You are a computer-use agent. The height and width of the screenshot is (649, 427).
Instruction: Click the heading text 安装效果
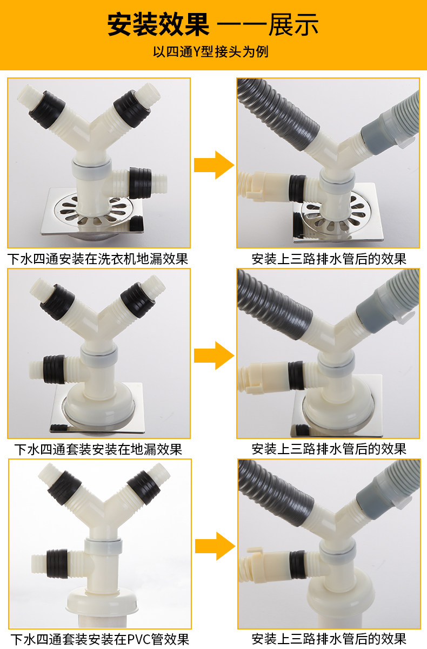pyautogui.click(x=158, y=25)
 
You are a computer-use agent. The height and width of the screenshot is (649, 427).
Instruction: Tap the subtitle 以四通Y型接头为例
pyautogui.click(x=211, y=52)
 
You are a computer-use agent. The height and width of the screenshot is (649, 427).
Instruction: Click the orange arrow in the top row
pyautogui.click(x=213, y=165)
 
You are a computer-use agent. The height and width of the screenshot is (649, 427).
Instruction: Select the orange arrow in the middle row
pyautogui.click(x=213, y=356)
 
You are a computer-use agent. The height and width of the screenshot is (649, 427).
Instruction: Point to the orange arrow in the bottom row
pyautogui.click(x=215, y=546)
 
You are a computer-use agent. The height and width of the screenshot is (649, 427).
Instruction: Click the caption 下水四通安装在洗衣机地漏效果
pyautogui.click(x=98, y=259)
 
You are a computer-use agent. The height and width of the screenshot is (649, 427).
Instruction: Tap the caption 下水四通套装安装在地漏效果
pyautogui.click(x=98, y=449)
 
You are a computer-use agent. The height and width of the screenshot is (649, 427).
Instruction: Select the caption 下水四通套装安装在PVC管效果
pyautogui.click(x=99, y=639)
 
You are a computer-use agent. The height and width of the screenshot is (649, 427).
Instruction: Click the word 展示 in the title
pyautogui.click(x=293, y=25)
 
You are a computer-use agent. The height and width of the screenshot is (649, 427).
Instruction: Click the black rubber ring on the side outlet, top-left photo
pyautogui.click(x=139, y=182)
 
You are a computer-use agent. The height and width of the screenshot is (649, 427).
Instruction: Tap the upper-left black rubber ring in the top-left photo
pyautogui.click(x=46, y=109)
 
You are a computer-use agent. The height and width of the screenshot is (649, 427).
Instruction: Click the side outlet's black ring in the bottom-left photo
pyautogui.click(x=57, y=563)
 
